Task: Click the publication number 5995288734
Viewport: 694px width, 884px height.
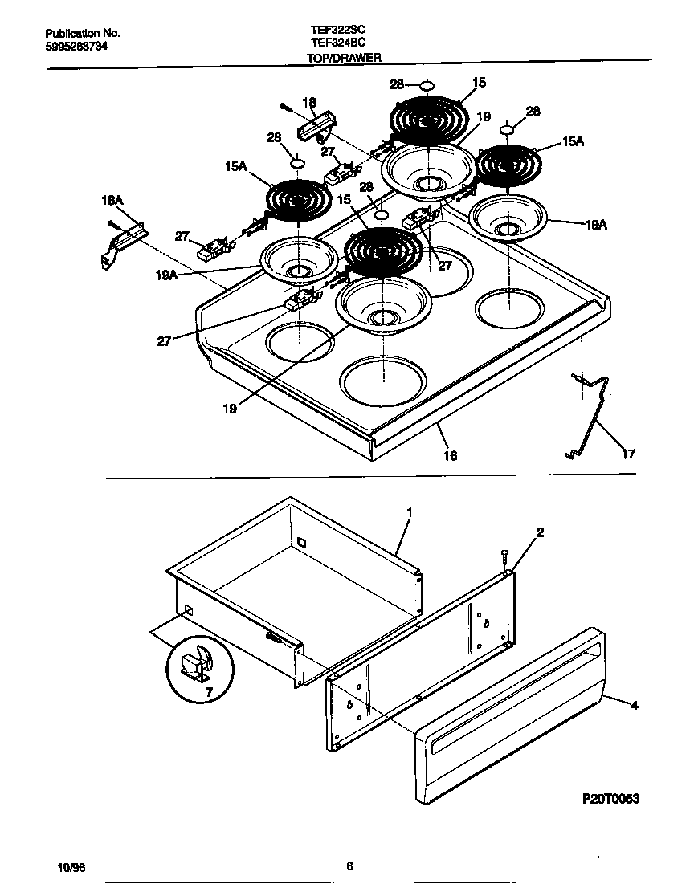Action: click(x=76, y=47)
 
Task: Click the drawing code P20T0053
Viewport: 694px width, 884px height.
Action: click(x=610, y=800)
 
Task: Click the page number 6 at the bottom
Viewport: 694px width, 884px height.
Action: click(x=349, y=866)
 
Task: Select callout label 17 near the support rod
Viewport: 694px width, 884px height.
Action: click(x=627, y=454)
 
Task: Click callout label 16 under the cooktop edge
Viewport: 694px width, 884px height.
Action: click(x=451, y=455)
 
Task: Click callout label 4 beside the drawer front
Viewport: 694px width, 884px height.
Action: click(x=634, y=706)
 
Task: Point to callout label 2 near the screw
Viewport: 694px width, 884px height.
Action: click(x=541, y=532)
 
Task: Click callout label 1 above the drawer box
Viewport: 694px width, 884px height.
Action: click(x=409, y=511)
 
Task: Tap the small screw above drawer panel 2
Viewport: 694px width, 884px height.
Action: click(x=504, y=553)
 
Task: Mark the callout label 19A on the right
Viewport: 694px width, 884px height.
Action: click(x=594, y=226)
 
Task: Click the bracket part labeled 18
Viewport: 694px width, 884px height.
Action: click(x=315, y=126)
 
